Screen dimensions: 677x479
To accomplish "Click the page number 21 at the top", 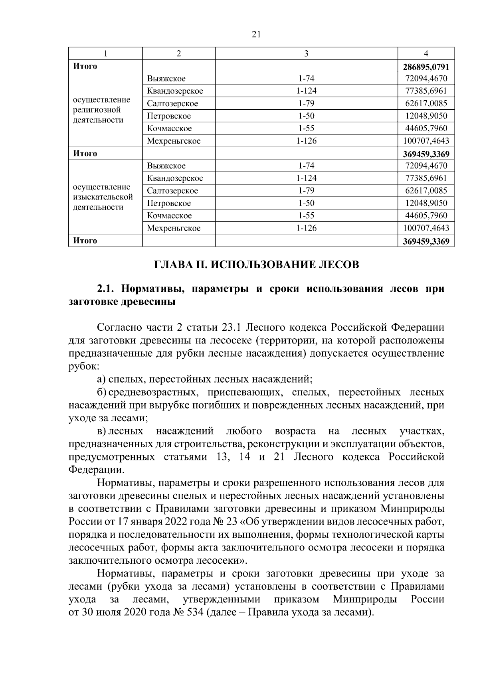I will [256, 34].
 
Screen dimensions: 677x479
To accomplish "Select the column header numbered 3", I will [306, 53].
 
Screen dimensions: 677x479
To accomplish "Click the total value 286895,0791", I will [426, 66].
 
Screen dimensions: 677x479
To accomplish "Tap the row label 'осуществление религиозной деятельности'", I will [101, 110].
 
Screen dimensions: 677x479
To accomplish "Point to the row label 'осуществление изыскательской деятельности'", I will [103, 197].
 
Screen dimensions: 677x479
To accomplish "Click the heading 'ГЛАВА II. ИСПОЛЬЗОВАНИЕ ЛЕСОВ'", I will [256, 264].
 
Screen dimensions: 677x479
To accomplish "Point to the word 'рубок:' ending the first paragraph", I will [82, 366].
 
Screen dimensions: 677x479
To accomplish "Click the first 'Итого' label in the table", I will [85, 66].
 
